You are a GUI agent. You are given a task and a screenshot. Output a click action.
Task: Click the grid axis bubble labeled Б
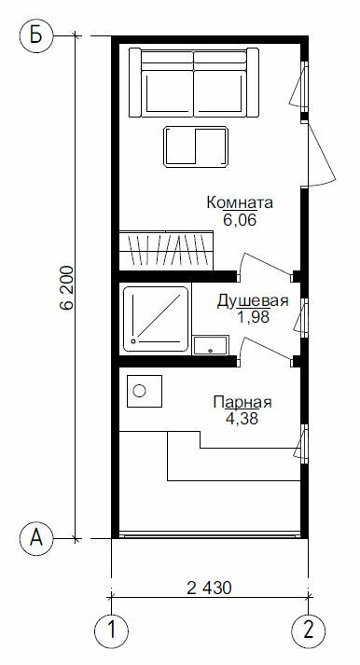(x=36, y=36)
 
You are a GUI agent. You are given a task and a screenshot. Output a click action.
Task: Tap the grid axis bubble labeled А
(x=36, y=539)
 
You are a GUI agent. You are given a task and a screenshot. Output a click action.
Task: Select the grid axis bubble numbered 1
(x=112, y=630)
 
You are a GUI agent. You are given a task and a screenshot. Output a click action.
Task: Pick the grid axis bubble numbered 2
(x=309, y=630)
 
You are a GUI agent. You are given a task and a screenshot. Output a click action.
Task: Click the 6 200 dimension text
(x=67, y=287)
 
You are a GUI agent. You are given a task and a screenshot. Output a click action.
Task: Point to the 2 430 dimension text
(x=210, y=588)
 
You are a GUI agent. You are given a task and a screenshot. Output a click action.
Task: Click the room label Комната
(x=240, y=202)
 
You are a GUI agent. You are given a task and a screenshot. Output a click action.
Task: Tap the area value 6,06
(x=240, y=220)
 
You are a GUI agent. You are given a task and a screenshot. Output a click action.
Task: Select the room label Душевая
(x=253, y=301)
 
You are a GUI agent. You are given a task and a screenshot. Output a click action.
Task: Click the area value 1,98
(x=253, y=317)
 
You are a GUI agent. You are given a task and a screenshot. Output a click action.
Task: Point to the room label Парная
(x=242, y=402)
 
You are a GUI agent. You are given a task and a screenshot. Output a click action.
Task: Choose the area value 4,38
(x=242, y=419)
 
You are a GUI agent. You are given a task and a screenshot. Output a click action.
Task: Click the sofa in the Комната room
(x=194, y=82)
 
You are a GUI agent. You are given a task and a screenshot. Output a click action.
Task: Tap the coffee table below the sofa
(x=196, y=146)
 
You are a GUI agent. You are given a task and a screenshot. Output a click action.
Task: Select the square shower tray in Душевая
(x=156, y=319)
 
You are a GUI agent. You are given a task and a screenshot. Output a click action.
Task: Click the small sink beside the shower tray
(x=211, y=345)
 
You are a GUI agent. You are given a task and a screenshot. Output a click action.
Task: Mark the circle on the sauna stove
(x=140, y=391)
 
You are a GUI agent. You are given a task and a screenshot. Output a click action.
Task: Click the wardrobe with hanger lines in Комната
(x=166, y=250)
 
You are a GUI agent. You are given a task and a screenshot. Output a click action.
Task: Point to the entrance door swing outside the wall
(x=321, y=155)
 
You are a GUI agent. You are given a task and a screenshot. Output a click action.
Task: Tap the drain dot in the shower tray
(x=134, y=341)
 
